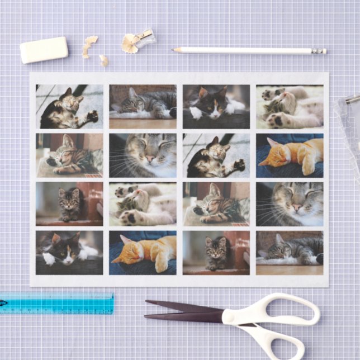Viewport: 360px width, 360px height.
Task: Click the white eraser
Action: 44,50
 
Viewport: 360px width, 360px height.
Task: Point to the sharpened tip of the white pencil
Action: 174,50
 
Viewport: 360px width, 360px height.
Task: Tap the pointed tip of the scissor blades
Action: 146,303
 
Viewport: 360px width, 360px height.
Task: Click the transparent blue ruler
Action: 56,302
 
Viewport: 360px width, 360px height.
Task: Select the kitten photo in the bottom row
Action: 216,253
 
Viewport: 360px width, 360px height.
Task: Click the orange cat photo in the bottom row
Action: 143,253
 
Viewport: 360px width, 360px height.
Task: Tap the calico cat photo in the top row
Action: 216,106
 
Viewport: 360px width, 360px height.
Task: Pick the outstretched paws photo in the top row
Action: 290,106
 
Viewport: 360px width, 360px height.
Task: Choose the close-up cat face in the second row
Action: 143,155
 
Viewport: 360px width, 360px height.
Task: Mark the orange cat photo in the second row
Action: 290,155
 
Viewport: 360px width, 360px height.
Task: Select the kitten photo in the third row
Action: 69,203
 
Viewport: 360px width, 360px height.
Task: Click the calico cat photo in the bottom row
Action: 69,253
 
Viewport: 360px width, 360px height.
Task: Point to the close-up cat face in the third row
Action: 290,203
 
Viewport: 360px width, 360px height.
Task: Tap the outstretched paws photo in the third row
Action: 143,203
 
